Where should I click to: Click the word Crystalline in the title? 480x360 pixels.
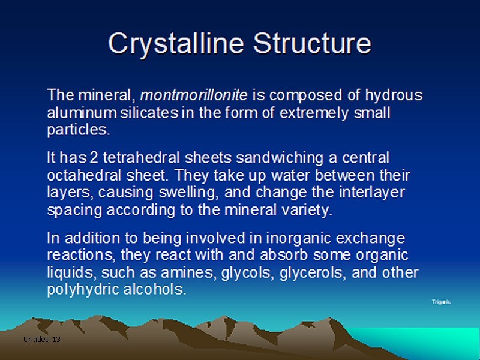tap(176, 44)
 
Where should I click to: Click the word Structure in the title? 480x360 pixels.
tap(312, 43)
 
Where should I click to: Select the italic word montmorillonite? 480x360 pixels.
tap(194, 95)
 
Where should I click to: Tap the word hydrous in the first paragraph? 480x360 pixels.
tap(394, 95)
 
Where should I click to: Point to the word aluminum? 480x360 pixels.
tap(82, 113)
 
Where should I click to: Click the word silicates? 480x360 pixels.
tap(149, 113)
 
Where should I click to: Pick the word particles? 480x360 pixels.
tap(79, 130)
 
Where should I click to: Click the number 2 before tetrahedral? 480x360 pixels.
tap(94, 158)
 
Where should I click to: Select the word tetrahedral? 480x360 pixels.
tap(141, 158)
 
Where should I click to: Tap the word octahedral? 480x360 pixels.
tap(84, 175)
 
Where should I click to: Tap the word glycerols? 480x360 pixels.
tap(313, 273)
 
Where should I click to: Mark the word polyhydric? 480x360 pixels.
tap(83, 290)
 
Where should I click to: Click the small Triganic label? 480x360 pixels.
tap(441, 302)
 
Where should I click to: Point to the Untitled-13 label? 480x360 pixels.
tap(41, 340)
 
